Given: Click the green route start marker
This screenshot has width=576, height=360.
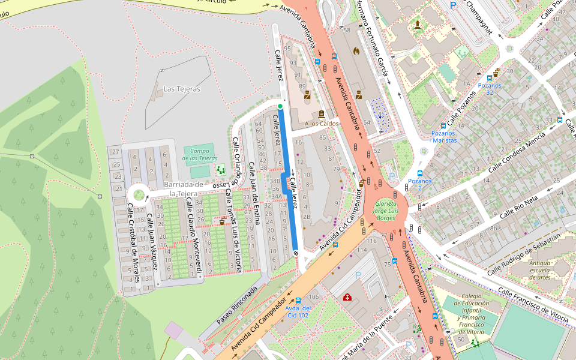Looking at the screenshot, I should tap(280, 107).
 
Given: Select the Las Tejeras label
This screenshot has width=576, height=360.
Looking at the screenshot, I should tap(182, 89).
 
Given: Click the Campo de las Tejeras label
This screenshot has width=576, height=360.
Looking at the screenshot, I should tap(200, 154).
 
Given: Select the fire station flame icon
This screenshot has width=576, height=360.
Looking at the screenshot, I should tap(356, 51).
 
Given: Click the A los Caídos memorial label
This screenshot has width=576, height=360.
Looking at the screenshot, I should tap(322, 124).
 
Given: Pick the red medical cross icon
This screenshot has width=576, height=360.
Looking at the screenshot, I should tap(347, 297).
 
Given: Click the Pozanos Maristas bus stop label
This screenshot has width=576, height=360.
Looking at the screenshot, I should tap(444, 137).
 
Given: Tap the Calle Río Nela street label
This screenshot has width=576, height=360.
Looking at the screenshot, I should tap(520, 205).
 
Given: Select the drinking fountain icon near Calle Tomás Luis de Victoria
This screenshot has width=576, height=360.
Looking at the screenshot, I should tap(223, 221).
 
